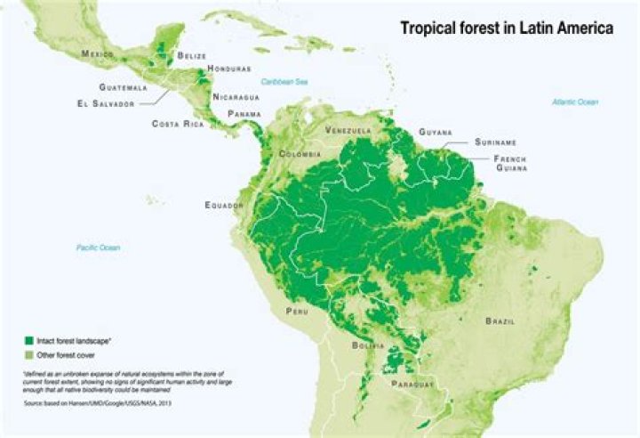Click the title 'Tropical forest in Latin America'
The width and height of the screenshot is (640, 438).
coord(505,28)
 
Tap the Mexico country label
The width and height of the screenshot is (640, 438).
coord(98,54)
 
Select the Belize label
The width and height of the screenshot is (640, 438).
coord(191,56)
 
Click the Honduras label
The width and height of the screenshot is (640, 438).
coord(228,69)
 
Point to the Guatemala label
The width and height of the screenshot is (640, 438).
coord(124,88)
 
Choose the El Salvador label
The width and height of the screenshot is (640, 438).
coord(104,103)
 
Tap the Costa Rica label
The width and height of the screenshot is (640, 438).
coord(178,123)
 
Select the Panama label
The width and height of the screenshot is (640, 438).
coord(244,114)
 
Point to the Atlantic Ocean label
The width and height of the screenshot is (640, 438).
coord(576,102)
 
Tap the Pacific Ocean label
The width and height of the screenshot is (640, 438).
coord(98,247)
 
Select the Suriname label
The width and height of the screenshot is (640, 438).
coord(496,142)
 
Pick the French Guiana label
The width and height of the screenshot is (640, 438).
coord(514,163)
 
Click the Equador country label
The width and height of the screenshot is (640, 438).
coord(223,206)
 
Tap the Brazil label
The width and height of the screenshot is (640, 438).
coord(501,320)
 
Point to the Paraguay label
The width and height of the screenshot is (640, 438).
coord(412,384)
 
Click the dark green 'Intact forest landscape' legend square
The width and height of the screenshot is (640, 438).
coord(28,341)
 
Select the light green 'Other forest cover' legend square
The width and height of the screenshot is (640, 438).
coord(28,354)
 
